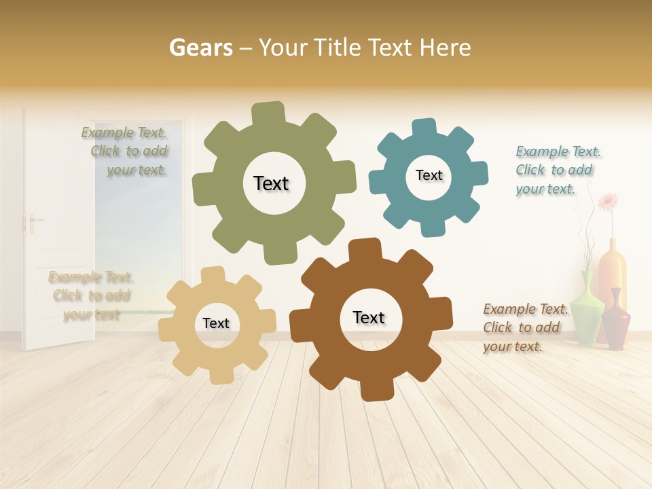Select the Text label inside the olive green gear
(271, 183)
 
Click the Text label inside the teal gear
(429, 175)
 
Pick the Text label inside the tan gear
(216, 323)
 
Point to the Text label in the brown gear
(369, 317)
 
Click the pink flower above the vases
(608, 202)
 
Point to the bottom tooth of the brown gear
(376, 390)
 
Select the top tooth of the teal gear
(424, 128)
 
